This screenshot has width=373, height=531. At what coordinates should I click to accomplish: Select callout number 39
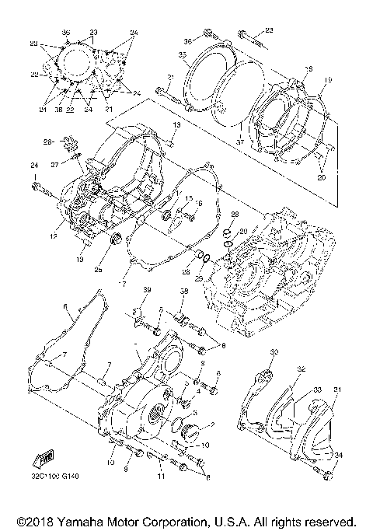145,290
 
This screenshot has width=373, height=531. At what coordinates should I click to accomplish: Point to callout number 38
185,292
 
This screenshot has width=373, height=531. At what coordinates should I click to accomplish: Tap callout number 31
337,390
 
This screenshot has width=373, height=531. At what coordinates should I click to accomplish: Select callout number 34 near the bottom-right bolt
337,455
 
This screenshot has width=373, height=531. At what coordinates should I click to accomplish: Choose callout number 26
47,141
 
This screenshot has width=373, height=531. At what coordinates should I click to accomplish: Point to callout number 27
55,165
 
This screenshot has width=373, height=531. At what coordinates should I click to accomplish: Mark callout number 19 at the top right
328,79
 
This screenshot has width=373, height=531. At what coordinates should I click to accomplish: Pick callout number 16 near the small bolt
198,203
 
